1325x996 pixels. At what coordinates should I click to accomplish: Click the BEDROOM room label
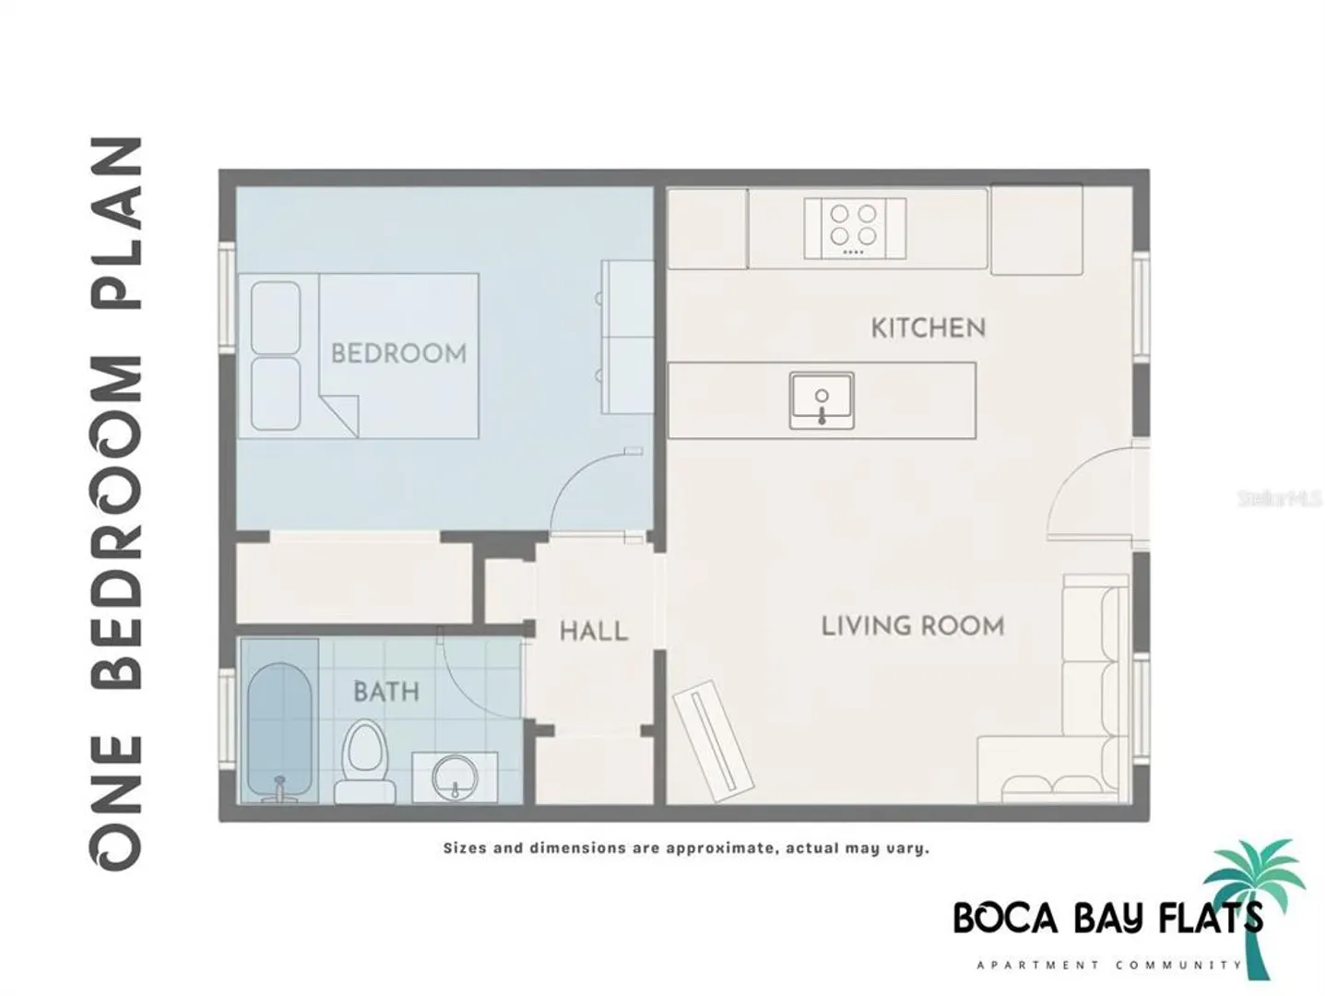pos(398,353)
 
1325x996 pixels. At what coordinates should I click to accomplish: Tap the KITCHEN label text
pos(928,327)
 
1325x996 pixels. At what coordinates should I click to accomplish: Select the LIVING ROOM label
pos(912,626)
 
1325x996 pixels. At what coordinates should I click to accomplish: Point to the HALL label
pos(594,632)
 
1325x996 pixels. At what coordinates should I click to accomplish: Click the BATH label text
pos(385,691)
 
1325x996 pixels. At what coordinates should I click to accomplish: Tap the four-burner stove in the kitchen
pos(854,228)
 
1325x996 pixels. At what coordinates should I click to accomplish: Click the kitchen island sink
pos(821,401)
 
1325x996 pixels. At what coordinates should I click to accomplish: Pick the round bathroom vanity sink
pos(455,777)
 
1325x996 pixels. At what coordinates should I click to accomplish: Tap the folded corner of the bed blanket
pos(339,415)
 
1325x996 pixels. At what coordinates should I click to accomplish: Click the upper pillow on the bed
pos(276,317)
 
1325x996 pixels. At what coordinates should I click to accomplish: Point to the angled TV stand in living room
pos(714,741)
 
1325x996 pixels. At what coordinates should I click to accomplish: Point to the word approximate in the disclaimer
pos(717,848)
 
